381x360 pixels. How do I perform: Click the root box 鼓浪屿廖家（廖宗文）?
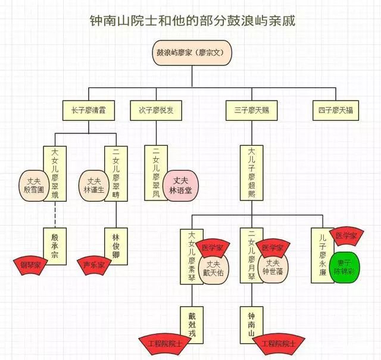pos(190,52)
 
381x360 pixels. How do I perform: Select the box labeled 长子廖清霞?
pos(88,109)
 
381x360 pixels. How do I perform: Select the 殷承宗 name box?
pos(55,244)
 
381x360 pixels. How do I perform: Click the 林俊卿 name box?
pos(116,244)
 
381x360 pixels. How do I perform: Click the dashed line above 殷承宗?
pos(55,214)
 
